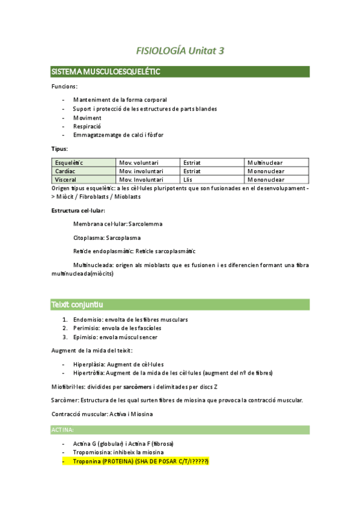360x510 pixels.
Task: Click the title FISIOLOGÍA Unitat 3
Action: click(180, 51)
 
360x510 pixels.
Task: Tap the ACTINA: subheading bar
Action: click(63, 430)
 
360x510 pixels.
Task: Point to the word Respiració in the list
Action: click(87, 126)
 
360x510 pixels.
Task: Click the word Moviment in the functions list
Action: click(87, 118)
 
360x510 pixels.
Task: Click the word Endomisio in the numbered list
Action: click(88, 319)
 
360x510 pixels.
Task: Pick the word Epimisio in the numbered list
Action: click(86, 337)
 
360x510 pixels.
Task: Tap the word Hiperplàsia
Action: click(89, 364)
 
